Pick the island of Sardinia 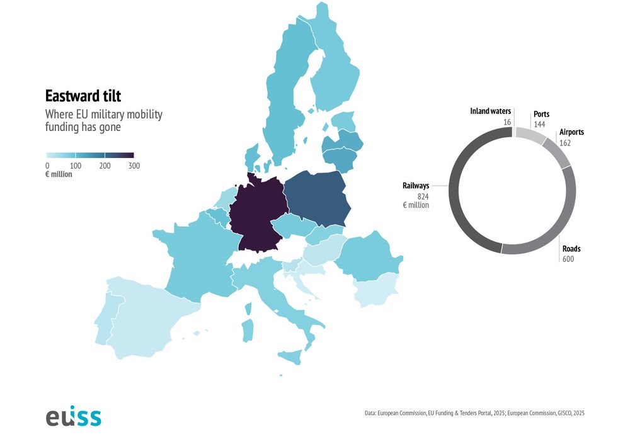pos(248,331)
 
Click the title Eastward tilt pos(83,96)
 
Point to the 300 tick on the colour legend pos(134,166)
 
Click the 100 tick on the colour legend pos(76,166)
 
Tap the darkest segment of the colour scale pos(119,155)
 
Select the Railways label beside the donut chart pos(416,186)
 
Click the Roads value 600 pos(568,259)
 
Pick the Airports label pos(571,132)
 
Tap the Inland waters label pos(490,111)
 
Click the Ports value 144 pos(539,125)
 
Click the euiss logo pos(73,416)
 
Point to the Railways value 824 pos(423,196)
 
